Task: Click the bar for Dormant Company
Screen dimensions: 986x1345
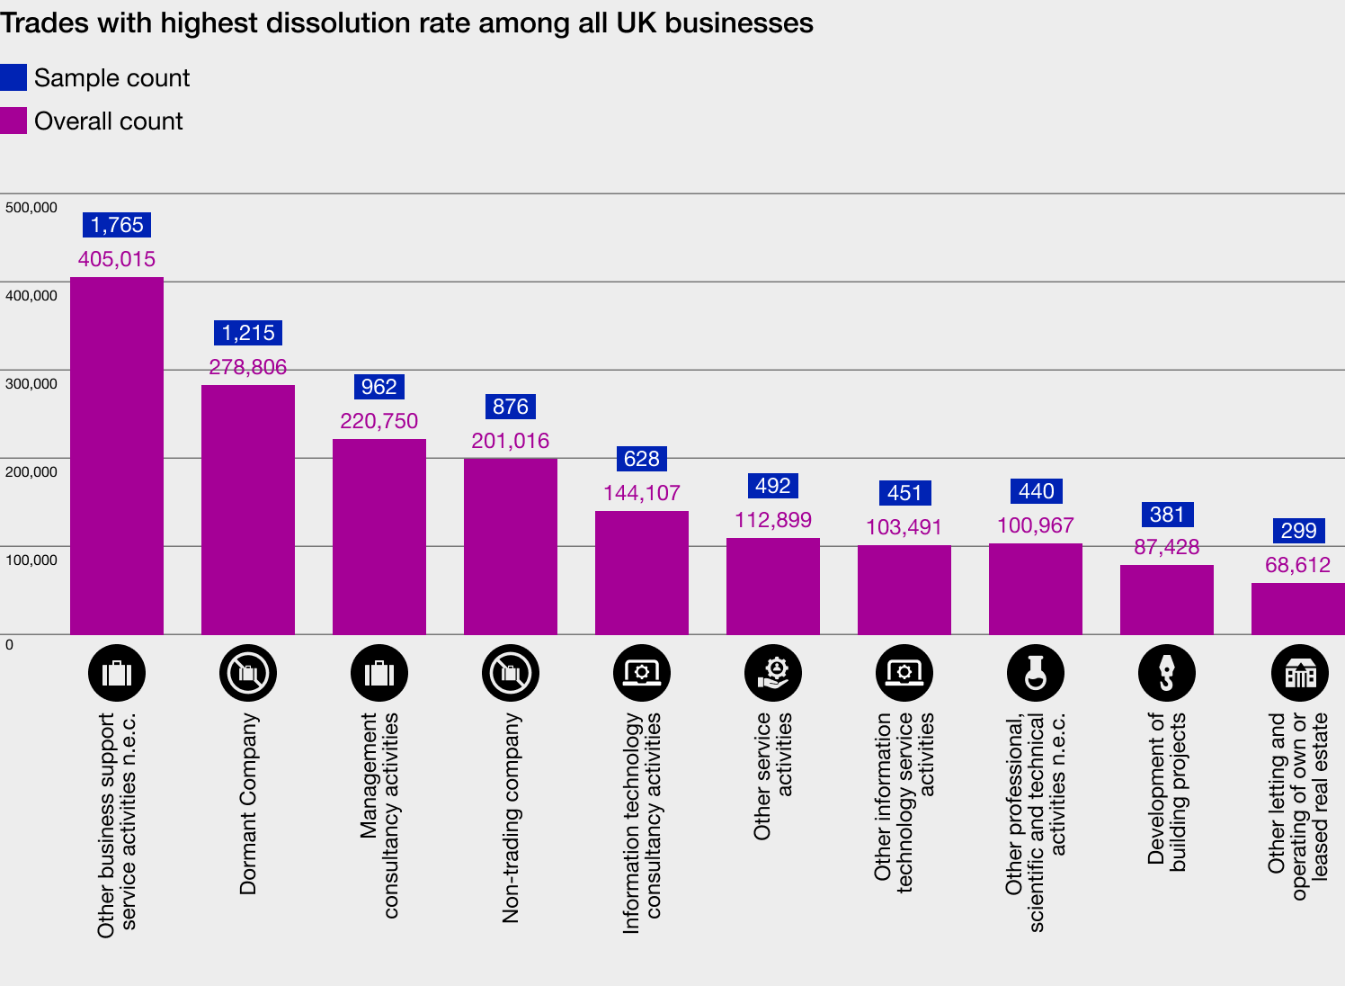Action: [x=248, y=509]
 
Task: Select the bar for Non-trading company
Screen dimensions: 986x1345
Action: [x=511, y=546]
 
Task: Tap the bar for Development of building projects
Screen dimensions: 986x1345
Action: [x=1167, y=599]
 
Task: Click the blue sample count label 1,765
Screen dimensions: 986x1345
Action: [x=117, y=225]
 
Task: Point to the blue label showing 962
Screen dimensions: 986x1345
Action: [x=379, y=387]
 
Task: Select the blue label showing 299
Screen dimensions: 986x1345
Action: [x=1298, y=531]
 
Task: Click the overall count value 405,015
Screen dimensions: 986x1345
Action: [x=117, y=259]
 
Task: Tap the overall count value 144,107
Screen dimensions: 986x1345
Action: [x=642, y=493]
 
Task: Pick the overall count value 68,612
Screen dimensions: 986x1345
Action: [x=1297, y=565]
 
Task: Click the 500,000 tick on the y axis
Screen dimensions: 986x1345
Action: [x=31, y=208]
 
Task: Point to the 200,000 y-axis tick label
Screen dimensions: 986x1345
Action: [x=31, y=472]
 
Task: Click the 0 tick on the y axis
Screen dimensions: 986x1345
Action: [x=10, y=645]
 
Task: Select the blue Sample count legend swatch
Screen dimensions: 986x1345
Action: [x=13, y=78]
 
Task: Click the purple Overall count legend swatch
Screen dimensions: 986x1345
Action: [x=13, y=121]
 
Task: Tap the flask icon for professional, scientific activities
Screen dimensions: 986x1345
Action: [x=1036, y=673]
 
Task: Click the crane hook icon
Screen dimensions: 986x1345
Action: [x=1167, y=673]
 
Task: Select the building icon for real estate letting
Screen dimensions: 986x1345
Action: [x=1300, y=673]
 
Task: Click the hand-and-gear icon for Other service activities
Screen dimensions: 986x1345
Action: [x=773, y=673]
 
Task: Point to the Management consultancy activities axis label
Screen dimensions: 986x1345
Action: [x=379, y=814]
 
